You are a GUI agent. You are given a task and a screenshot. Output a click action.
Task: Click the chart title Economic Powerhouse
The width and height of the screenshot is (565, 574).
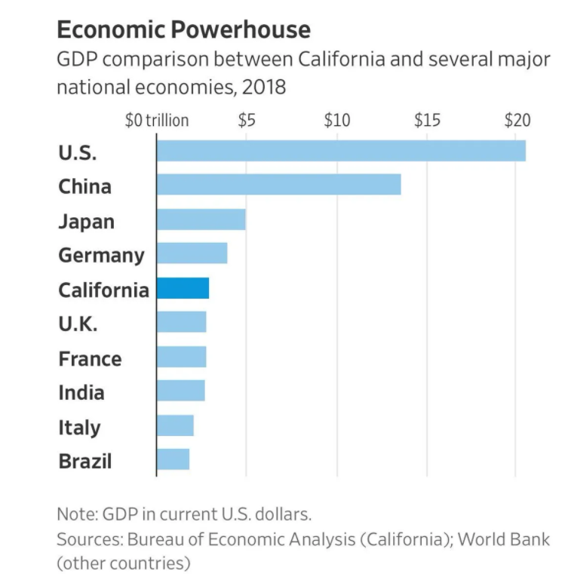[x=183, y=29]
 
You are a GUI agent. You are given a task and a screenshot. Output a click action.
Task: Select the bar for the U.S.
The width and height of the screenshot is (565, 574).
[x=340, y=151]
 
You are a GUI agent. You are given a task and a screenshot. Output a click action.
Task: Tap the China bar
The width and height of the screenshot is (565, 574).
[x=278, y=185]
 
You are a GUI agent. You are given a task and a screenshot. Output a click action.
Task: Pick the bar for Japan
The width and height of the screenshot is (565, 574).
[x=201, y=219]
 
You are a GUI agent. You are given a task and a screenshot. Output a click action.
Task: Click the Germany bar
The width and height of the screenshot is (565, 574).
[x=192, y=253]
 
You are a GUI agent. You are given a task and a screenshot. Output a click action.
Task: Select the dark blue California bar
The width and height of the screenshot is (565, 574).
[x=183, y=289]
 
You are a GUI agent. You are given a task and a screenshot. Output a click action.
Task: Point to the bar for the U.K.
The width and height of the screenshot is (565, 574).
[x=181, y=322]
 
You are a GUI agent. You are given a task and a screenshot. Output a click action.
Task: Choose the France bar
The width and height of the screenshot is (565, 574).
[x=181, y=357]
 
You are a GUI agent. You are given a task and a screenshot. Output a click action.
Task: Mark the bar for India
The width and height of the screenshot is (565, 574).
[x=180, y=391]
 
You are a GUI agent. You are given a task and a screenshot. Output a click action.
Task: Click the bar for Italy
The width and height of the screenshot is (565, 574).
[x=175, y=425]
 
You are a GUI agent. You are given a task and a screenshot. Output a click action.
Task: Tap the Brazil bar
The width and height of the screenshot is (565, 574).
[x=173, y=459]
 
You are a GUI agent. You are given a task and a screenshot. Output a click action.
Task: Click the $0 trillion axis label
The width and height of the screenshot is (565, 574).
[x=156, y=121]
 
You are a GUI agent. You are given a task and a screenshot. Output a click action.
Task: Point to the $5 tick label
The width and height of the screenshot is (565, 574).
[x=247, y=121]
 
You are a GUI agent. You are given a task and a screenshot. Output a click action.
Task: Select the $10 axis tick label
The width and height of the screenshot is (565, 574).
[x=336, y=121]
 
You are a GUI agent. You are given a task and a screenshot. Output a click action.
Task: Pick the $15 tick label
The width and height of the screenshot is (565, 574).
[x=427, y=121]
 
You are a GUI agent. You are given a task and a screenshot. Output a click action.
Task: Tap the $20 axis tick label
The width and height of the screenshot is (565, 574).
[x=517, y=121]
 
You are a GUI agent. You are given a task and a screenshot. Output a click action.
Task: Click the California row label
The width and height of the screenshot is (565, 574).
[x=103, y=290]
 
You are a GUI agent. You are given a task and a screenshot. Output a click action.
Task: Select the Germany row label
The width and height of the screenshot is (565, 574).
[x=101, y=255]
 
